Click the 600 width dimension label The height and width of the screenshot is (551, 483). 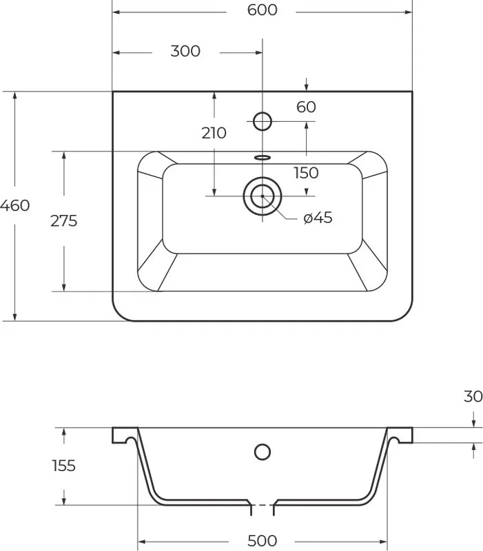[x=262, y=10]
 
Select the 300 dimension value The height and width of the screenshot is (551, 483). [x=185, y=51]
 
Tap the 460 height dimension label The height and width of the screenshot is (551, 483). [x=14, y=205]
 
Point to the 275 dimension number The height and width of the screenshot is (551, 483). [x=63, y=221]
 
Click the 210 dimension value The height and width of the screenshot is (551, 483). [x=214, y=133]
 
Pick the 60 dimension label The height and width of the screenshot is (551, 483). [x=306, y=107]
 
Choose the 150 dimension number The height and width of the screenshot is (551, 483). [x=306, y=173]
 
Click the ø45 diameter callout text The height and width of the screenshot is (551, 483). [x=318, y=218]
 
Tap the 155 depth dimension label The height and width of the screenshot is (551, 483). [x=63, y=466]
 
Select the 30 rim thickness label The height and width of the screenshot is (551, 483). [x=473, y=397]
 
